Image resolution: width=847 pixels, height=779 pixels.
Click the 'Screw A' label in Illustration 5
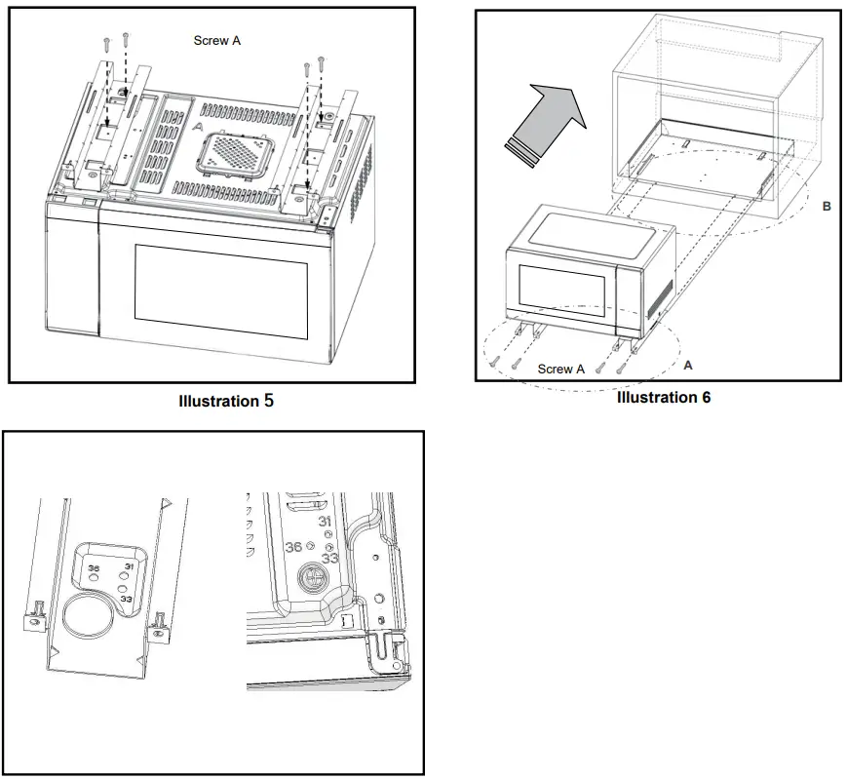pos(216,41)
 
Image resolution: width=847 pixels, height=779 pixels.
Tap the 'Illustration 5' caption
pos(226,401)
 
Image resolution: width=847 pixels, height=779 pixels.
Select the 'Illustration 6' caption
pos(663,397)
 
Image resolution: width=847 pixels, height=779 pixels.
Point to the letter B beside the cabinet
pos(827,207)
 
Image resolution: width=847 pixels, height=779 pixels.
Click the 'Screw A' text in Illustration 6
pos(560,370)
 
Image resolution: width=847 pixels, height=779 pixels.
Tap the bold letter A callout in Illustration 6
pos(688,365)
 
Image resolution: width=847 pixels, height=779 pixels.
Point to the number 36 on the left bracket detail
pos(94,568)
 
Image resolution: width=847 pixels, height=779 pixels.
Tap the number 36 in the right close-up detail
pos(292,547)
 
